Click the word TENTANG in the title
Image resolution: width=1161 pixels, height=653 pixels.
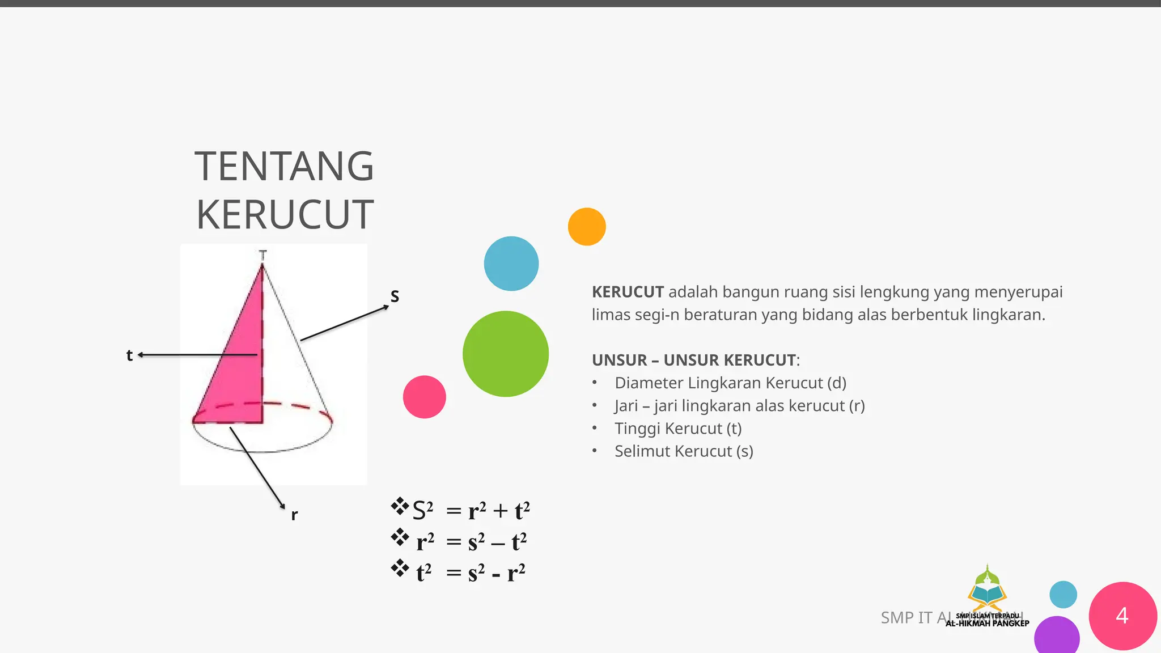(284, 167)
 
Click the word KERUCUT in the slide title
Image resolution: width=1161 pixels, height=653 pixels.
(285, 215)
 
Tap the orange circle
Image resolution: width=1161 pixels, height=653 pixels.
(587, 227)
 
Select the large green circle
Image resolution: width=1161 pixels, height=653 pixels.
(506, 354)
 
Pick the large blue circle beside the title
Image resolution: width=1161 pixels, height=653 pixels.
(511, 264)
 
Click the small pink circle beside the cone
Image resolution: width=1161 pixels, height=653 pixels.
(425, 397)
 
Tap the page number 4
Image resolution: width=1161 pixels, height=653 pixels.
(1122, 616)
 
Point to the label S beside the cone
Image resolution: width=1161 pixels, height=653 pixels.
(395, 296)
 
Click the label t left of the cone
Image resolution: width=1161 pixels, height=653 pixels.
(129, 355)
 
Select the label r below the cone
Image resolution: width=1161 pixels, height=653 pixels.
(294, 515)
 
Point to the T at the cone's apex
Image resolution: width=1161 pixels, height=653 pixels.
(262, 255)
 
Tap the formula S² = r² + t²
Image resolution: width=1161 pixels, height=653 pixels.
(471, 511)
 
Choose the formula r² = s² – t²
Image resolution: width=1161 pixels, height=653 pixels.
(471, 542)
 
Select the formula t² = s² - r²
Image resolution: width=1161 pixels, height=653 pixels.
(471, 573)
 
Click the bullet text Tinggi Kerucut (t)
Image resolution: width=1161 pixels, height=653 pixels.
(678, 429)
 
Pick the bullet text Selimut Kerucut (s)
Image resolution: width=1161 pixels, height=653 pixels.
(684, 451)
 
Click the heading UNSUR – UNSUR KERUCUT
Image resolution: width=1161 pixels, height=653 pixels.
(695, 360)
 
